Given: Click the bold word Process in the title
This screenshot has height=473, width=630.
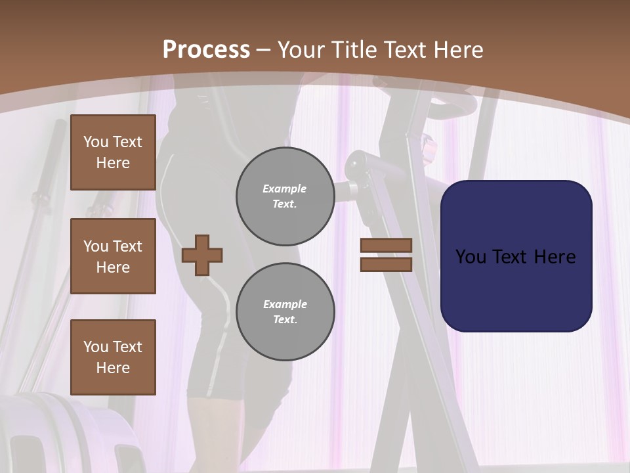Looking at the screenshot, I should coord(206,49).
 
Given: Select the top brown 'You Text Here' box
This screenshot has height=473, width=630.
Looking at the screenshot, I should coord(113,152).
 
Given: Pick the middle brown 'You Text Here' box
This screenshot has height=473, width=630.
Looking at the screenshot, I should coord(113,256).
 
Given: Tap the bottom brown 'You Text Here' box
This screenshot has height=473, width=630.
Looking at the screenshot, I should coord(113,357).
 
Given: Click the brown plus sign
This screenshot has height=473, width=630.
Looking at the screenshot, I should coord(202,255).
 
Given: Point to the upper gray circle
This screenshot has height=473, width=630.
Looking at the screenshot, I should coord(285,196).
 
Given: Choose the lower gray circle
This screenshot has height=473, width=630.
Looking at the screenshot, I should coord(285,312).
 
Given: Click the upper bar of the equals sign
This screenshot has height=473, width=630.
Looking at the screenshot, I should coord(386,245).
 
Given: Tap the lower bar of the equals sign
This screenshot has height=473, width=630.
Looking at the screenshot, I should coord(386,264).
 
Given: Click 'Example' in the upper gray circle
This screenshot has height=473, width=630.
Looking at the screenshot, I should coord(285,189).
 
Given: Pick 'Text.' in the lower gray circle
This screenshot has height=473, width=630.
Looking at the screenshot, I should coord(285,319).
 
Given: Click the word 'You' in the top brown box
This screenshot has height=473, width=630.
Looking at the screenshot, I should coord(96,142).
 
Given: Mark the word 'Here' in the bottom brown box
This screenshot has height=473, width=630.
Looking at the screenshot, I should coord(113,368).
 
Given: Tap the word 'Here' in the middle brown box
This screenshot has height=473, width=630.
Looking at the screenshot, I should coord(113,267).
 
